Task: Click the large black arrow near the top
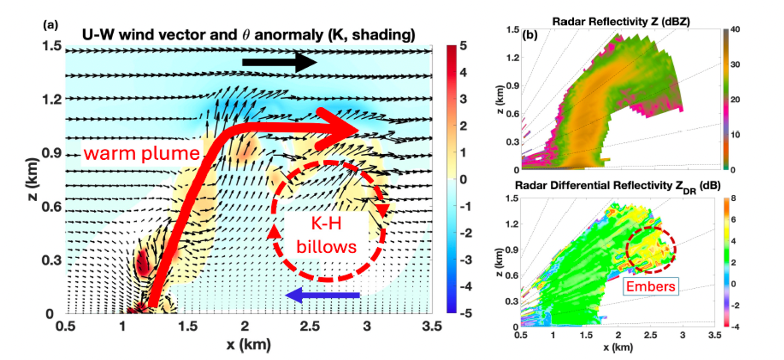(x=279, y=62)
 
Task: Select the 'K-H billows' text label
(x=327, y=235)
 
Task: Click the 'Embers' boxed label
(x=651, y=286)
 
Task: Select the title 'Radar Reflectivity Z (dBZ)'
(x=621, y=21)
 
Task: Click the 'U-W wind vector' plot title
(x=248, y=35)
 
